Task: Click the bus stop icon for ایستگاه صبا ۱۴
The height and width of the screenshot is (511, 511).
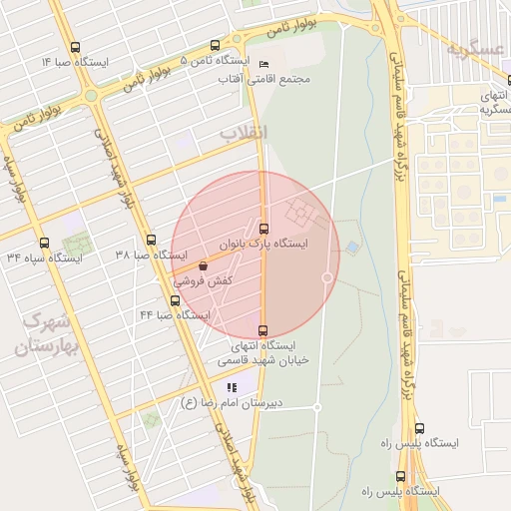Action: [76, 47]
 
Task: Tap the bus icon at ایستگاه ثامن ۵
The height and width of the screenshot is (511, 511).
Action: [216, 45]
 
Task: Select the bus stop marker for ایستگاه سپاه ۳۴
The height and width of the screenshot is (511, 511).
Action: [43, 243]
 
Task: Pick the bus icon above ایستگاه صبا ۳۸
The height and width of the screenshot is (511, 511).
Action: [151, 240]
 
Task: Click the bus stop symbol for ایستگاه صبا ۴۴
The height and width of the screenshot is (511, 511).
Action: [175, 300]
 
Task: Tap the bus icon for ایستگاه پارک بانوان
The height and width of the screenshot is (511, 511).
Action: [263, 228]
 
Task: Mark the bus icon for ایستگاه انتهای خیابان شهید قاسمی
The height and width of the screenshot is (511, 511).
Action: [263, 329]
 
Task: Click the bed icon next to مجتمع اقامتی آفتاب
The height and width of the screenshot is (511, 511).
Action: [263, 63]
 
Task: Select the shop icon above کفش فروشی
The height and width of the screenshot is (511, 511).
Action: [204, 266]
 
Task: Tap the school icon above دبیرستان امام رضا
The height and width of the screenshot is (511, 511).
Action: [232, 386]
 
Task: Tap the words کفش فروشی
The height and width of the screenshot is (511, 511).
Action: [204, 281]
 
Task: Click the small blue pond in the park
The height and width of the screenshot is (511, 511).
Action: [352, 247]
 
